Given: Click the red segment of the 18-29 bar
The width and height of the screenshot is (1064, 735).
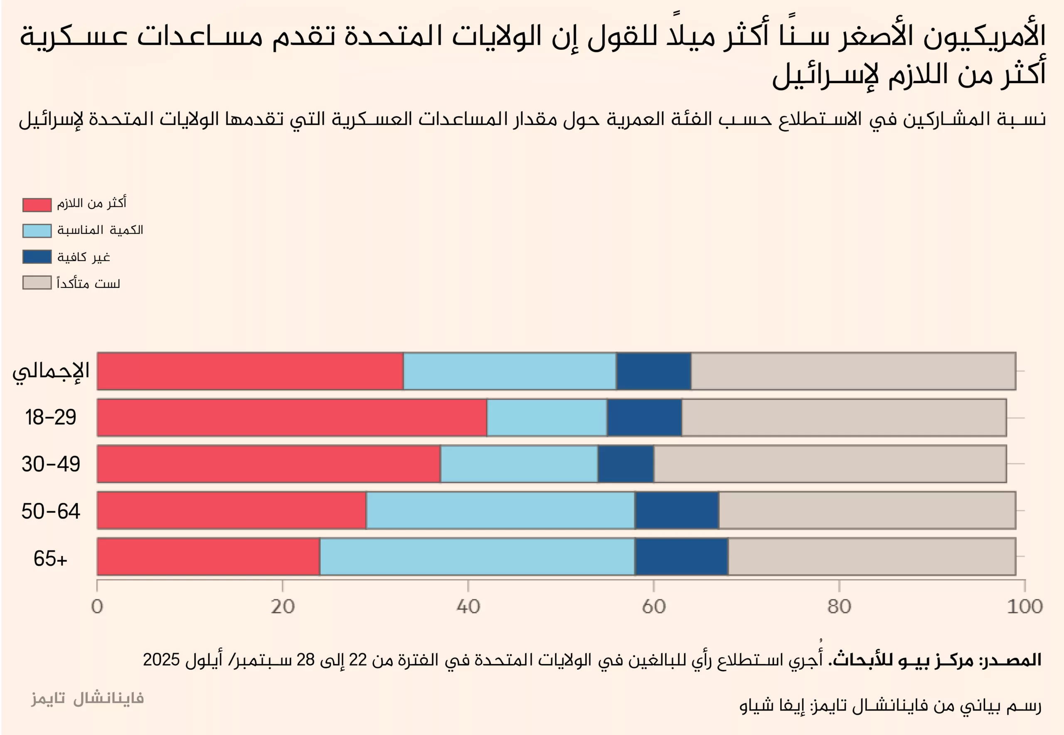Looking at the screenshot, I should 292,417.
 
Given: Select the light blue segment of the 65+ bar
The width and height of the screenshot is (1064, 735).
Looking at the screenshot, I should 477,556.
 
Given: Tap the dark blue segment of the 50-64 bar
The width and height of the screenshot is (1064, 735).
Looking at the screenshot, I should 676,510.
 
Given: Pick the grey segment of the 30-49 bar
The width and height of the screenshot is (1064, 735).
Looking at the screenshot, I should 830,464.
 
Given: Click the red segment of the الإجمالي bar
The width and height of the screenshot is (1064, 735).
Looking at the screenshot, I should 250,371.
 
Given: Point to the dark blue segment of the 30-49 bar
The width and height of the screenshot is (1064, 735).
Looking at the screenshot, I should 625,464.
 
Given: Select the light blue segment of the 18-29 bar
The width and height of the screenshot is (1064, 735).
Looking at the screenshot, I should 546,417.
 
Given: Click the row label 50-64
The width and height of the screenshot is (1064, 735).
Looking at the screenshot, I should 51,511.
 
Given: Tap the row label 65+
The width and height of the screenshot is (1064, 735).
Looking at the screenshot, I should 50,558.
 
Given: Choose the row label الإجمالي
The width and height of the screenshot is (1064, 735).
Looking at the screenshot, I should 51,371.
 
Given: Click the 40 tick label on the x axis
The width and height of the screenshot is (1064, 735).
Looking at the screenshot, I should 468,607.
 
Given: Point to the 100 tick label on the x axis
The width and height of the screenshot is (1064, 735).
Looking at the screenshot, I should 1025,607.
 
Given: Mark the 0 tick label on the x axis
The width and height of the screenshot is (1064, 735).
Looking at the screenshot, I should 97,607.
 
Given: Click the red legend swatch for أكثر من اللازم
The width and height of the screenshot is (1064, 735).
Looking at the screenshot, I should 37,205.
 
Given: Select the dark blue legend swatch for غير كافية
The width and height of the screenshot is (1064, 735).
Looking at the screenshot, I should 37,257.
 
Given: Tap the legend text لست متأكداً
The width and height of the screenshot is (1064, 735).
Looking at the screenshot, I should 89,283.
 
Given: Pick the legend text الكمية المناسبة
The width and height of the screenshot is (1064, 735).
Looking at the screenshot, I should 100,230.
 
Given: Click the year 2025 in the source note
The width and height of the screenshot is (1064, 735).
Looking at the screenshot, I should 161,660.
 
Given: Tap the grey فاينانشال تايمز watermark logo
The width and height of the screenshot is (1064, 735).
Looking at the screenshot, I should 88,698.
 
